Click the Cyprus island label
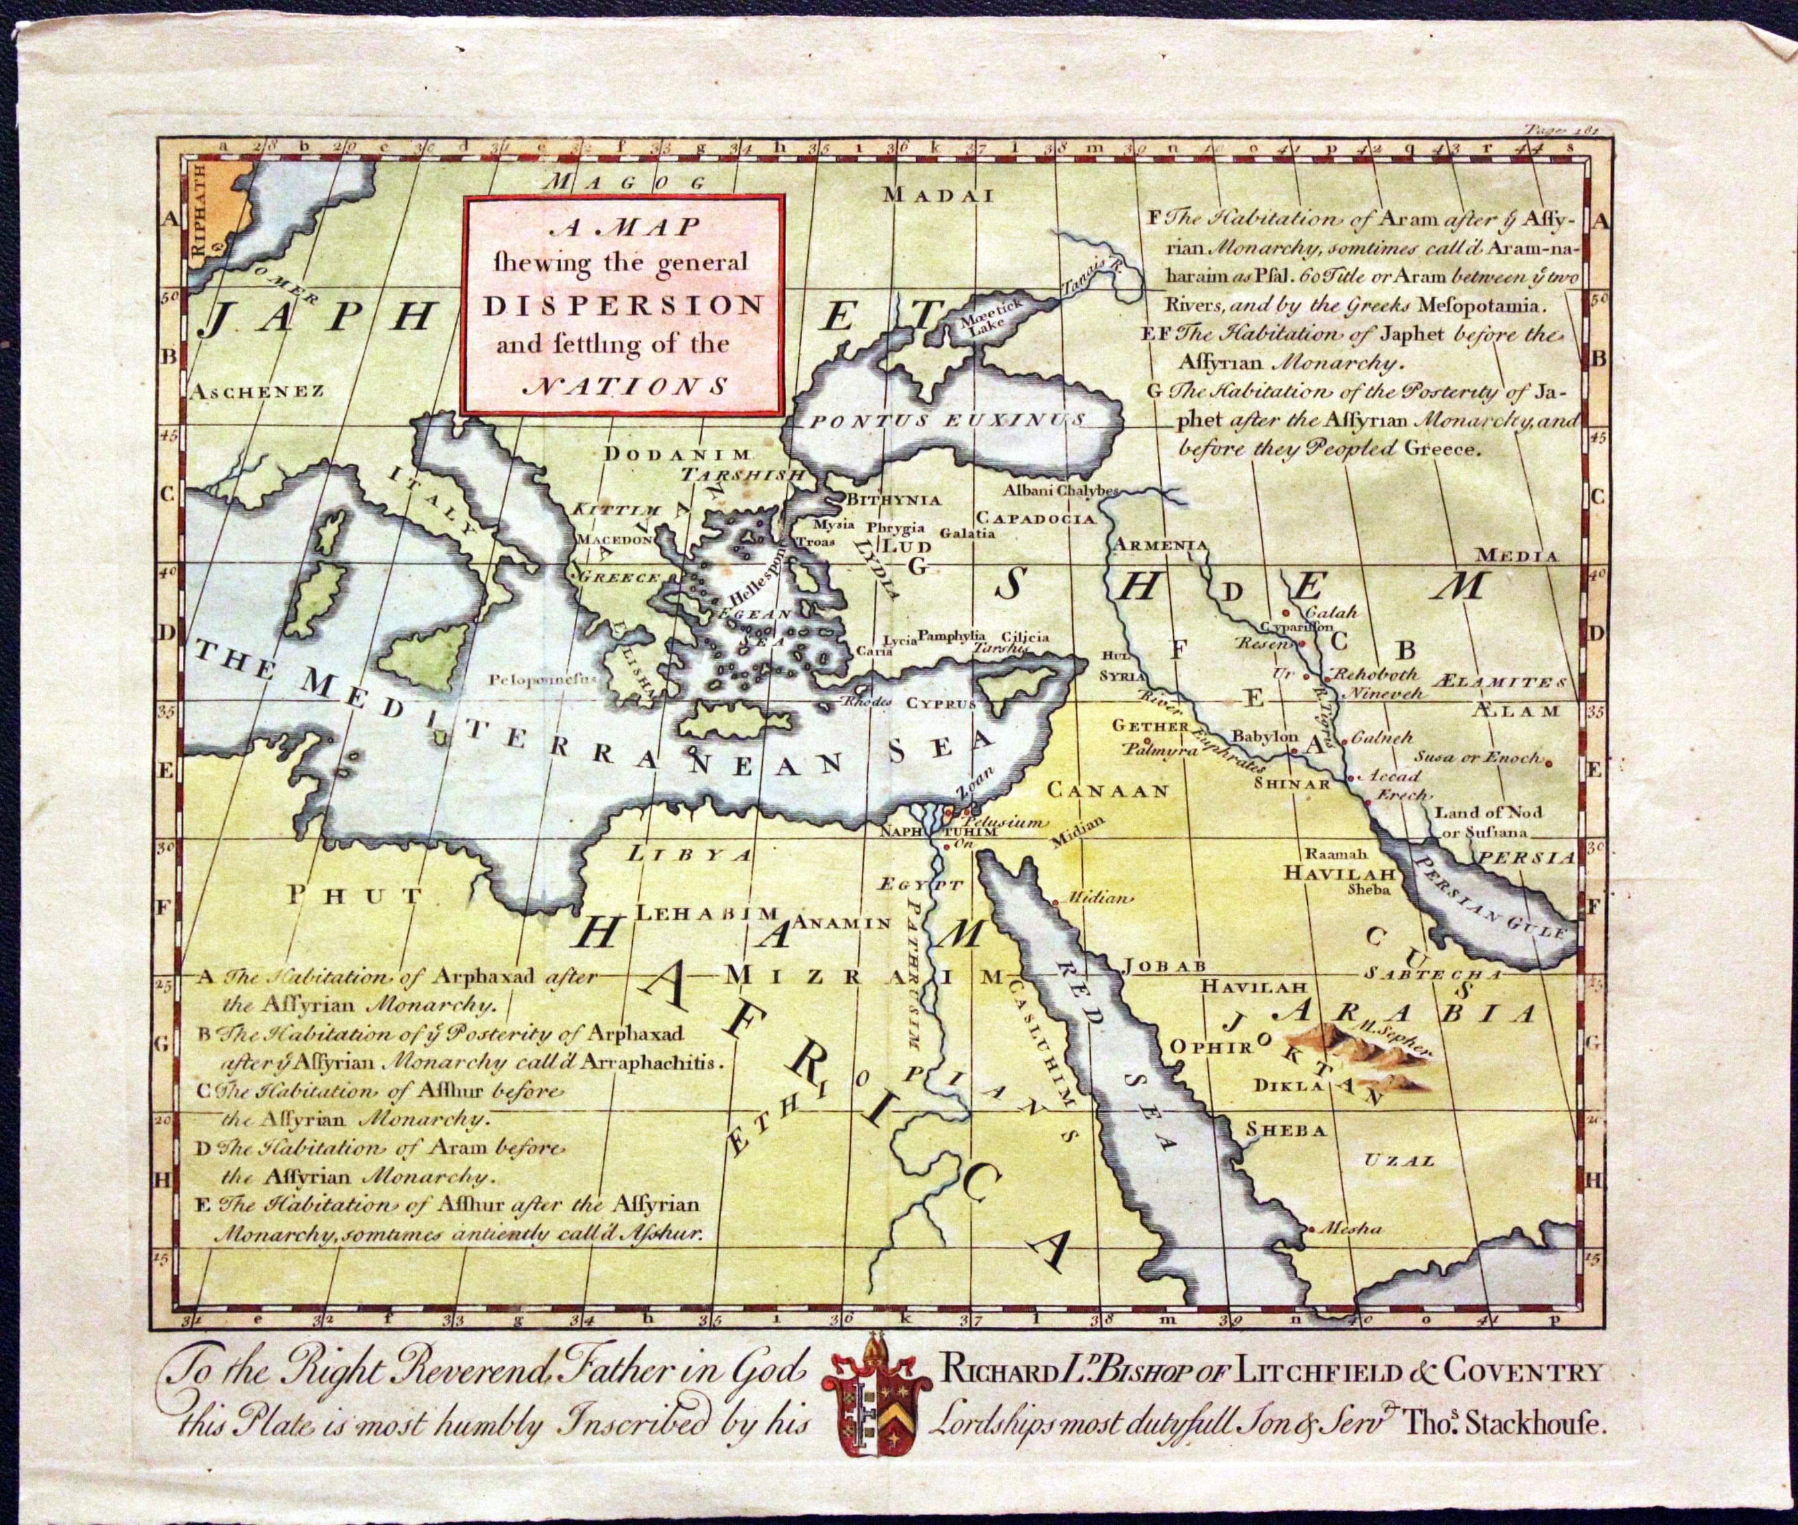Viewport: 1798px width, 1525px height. pos(940,703)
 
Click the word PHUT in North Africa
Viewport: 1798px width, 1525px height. pos(354,895)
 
